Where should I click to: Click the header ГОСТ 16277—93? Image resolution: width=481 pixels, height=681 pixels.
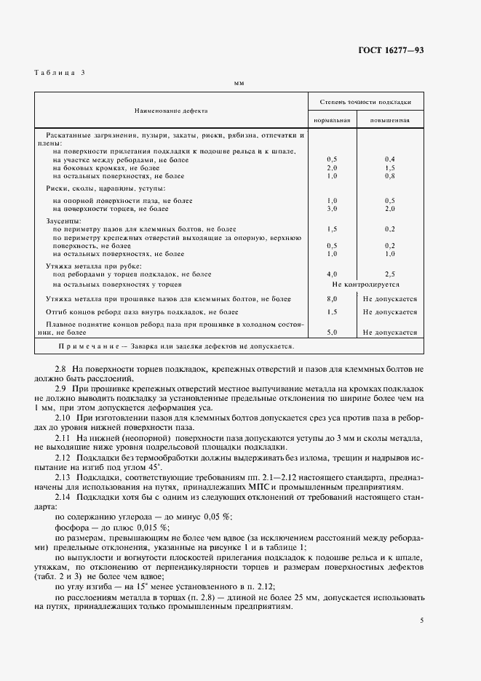(391, 49)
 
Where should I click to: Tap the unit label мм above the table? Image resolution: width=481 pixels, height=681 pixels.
(239, 84)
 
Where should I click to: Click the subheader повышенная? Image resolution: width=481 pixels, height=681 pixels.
(390, 120)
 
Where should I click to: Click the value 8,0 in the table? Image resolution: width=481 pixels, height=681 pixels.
(333, 299)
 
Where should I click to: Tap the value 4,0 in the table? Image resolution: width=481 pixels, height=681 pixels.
(333, 274)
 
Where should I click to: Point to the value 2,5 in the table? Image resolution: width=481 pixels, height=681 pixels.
(390, 274)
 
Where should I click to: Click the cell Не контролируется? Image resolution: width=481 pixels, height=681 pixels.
(361, 285)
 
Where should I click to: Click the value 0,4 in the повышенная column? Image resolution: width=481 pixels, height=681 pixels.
(390, 159)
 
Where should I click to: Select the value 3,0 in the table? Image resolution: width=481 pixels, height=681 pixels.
(333, 208)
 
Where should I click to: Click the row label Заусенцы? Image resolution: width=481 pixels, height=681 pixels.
(63, 220)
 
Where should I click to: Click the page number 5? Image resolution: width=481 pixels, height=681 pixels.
(421, 620)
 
